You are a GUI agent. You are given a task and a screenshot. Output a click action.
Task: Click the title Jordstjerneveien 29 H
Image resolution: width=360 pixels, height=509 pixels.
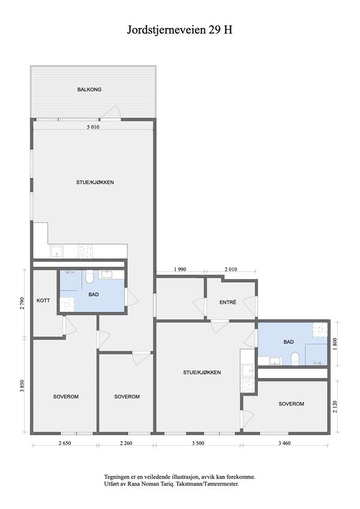[x=180, y=30]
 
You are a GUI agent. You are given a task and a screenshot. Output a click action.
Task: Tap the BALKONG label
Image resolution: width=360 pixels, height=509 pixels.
[x=90, y=89]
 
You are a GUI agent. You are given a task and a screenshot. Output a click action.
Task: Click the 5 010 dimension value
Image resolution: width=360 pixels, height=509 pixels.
[x=93, y=127]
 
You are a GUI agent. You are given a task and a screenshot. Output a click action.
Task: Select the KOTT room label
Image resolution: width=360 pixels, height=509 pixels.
[x=43, y=301]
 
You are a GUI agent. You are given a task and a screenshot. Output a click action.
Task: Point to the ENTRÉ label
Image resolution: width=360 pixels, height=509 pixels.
[x=228, y=302]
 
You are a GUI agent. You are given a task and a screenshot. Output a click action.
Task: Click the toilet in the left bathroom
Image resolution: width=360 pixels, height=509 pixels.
[x=90, y=276]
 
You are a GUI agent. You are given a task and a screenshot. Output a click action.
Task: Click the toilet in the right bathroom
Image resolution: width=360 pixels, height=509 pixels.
[x=295, y=359]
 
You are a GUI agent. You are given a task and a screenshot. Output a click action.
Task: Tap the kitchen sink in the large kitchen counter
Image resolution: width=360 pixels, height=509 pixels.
[x=57, y=252]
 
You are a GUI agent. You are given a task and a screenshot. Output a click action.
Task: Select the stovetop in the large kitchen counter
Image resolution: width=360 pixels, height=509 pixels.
[x=86, y=252]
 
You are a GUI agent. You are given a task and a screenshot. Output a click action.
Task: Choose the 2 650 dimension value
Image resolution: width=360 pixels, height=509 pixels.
[x=65, y=443]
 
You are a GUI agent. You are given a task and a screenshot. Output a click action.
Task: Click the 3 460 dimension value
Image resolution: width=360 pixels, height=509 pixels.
[x=284, y=443]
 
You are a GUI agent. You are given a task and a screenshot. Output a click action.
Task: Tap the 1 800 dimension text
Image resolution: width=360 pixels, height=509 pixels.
[x=335, y=344]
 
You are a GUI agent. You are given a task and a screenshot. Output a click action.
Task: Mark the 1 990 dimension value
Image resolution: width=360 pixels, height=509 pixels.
[x=180, y=269]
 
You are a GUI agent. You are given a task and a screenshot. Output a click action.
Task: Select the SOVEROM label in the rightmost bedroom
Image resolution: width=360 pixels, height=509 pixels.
[x=291, y=404]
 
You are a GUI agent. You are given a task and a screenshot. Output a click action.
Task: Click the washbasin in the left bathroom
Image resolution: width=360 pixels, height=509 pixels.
[x=107, y=274]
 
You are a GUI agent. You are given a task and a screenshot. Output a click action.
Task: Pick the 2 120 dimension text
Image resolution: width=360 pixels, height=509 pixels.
[x=335, y=407]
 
